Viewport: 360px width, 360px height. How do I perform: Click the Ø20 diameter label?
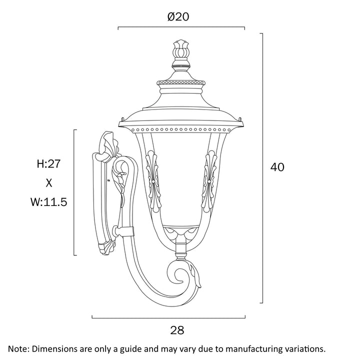[178, 17]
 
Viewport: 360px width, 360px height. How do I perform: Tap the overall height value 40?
[277, 167]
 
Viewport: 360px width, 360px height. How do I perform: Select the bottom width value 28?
[177, 330]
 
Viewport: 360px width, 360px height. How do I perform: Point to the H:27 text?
[48, 163]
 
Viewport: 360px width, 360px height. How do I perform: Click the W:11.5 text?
[49, 202]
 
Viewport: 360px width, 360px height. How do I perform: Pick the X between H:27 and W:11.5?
[49, 183]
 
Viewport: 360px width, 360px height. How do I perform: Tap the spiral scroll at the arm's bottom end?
[183, 275]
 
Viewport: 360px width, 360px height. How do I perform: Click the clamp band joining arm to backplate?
[126, 231]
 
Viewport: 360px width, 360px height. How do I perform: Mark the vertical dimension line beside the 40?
[262, 168]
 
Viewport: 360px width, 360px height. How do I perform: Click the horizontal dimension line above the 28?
[168, 318]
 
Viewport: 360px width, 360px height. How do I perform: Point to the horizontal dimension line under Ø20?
[181, 27]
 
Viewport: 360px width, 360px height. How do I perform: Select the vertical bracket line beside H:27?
[74, 192]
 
